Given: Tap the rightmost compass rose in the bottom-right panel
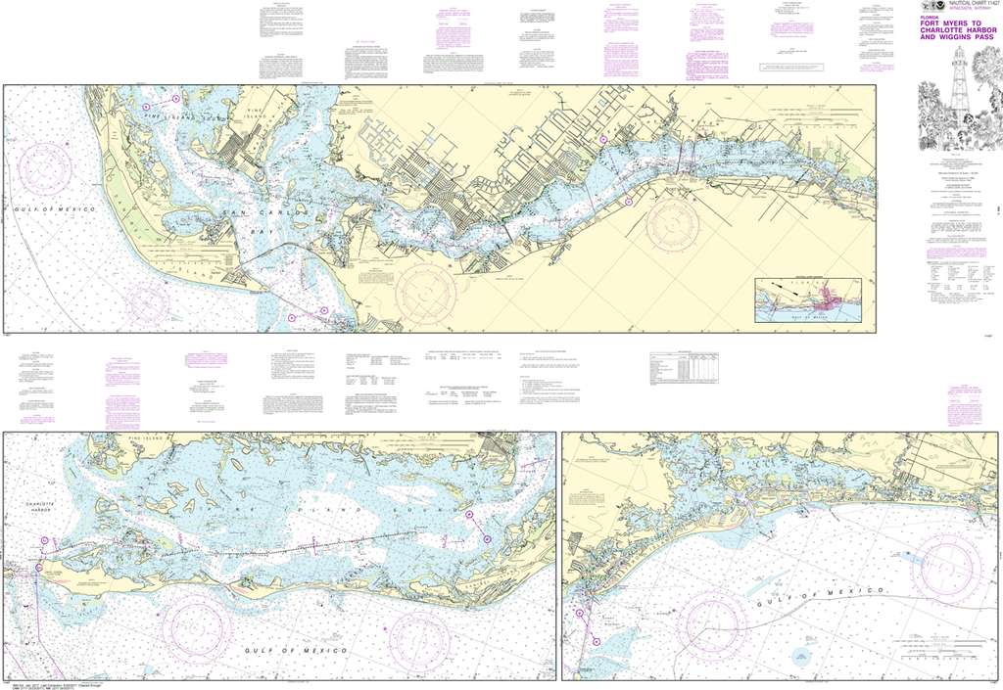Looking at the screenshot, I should [x=946, y=566].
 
